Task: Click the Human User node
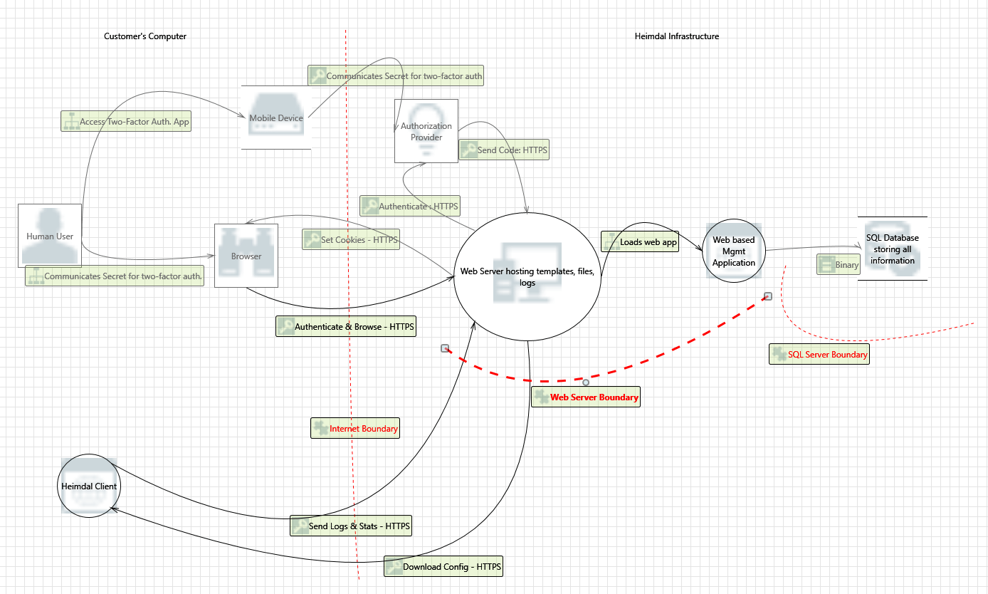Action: tap(50, 236)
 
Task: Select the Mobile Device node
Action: tap(276, 118)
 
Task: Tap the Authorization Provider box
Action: tap(426, 131)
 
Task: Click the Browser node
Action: tap(246, 256)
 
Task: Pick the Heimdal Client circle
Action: tap(89, 486)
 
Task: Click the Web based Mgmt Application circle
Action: tap(734, 251)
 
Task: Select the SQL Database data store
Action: tap(892, 249)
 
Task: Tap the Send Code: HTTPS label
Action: tap(504, 150)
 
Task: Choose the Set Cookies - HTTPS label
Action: tap(350, 240)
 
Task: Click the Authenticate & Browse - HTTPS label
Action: tap(345, 327)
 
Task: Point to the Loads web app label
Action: tap(640, 242)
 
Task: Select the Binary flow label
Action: tap(839, 265)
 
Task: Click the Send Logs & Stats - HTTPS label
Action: tap(351, 526)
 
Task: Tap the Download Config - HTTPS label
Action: tap(444, 568)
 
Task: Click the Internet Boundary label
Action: tap(355, 429)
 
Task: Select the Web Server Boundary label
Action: tap(586, 397)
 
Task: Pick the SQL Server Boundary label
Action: tap(819, 355)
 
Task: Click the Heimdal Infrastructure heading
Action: tap(676, 36)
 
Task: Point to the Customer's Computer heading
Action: tap(145, 36)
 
